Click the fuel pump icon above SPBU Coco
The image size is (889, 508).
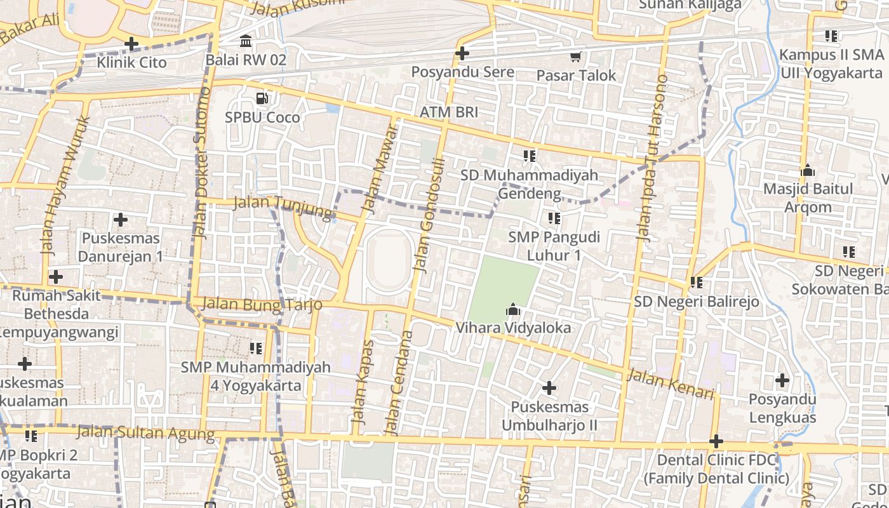point(262,98)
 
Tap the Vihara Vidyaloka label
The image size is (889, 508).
point(513,328)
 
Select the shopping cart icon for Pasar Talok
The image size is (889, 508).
point(576,57)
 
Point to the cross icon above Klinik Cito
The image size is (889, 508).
point(131,44)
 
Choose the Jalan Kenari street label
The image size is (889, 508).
point(671,384)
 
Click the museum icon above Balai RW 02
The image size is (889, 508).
point(246,42)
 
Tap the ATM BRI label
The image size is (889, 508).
point(448,112)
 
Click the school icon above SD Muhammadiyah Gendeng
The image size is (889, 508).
point(530,156)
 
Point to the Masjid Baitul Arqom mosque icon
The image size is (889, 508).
point(808,170)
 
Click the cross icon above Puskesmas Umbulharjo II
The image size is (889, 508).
point(549,387)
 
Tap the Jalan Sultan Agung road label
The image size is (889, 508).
point(145,433)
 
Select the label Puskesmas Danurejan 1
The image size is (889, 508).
point(120,248)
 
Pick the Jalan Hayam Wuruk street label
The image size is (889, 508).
point(65,184)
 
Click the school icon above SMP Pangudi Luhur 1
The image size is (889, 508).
point(554,218)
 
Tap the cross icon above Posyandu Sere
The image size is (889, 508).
point(462,53)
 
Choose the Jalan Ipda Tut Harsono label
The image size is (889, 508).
point(652,159)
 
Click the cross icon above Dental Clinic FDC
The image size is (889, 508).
point(716,441)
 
